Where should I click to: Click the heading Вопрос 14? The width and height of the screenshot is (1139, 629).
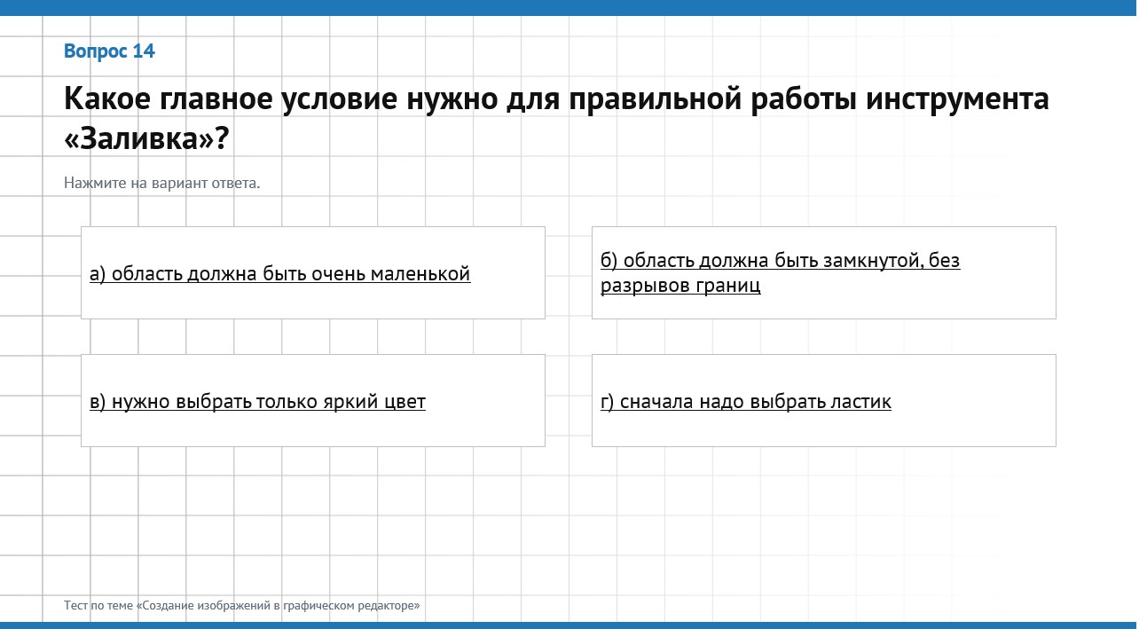109,51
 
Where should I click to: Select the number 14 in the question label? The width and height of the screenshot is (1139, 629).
144,51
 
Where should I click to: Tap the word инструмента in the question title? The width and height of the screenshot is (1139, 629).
957,99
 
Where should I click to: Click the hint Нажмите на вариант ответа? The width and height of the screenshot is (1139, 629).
161,183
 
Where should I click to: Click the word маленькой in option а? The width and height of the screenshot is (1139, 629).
420,274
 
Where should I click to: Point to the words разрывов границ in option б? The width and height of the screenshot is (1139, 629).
680,286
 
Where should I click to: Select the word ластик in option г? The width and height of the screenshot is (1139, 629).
860,402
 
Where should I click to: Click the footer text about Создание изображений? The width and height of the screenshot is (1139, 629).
242,606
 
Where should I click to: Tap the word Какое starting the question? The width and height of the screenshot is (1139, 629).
107,99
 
